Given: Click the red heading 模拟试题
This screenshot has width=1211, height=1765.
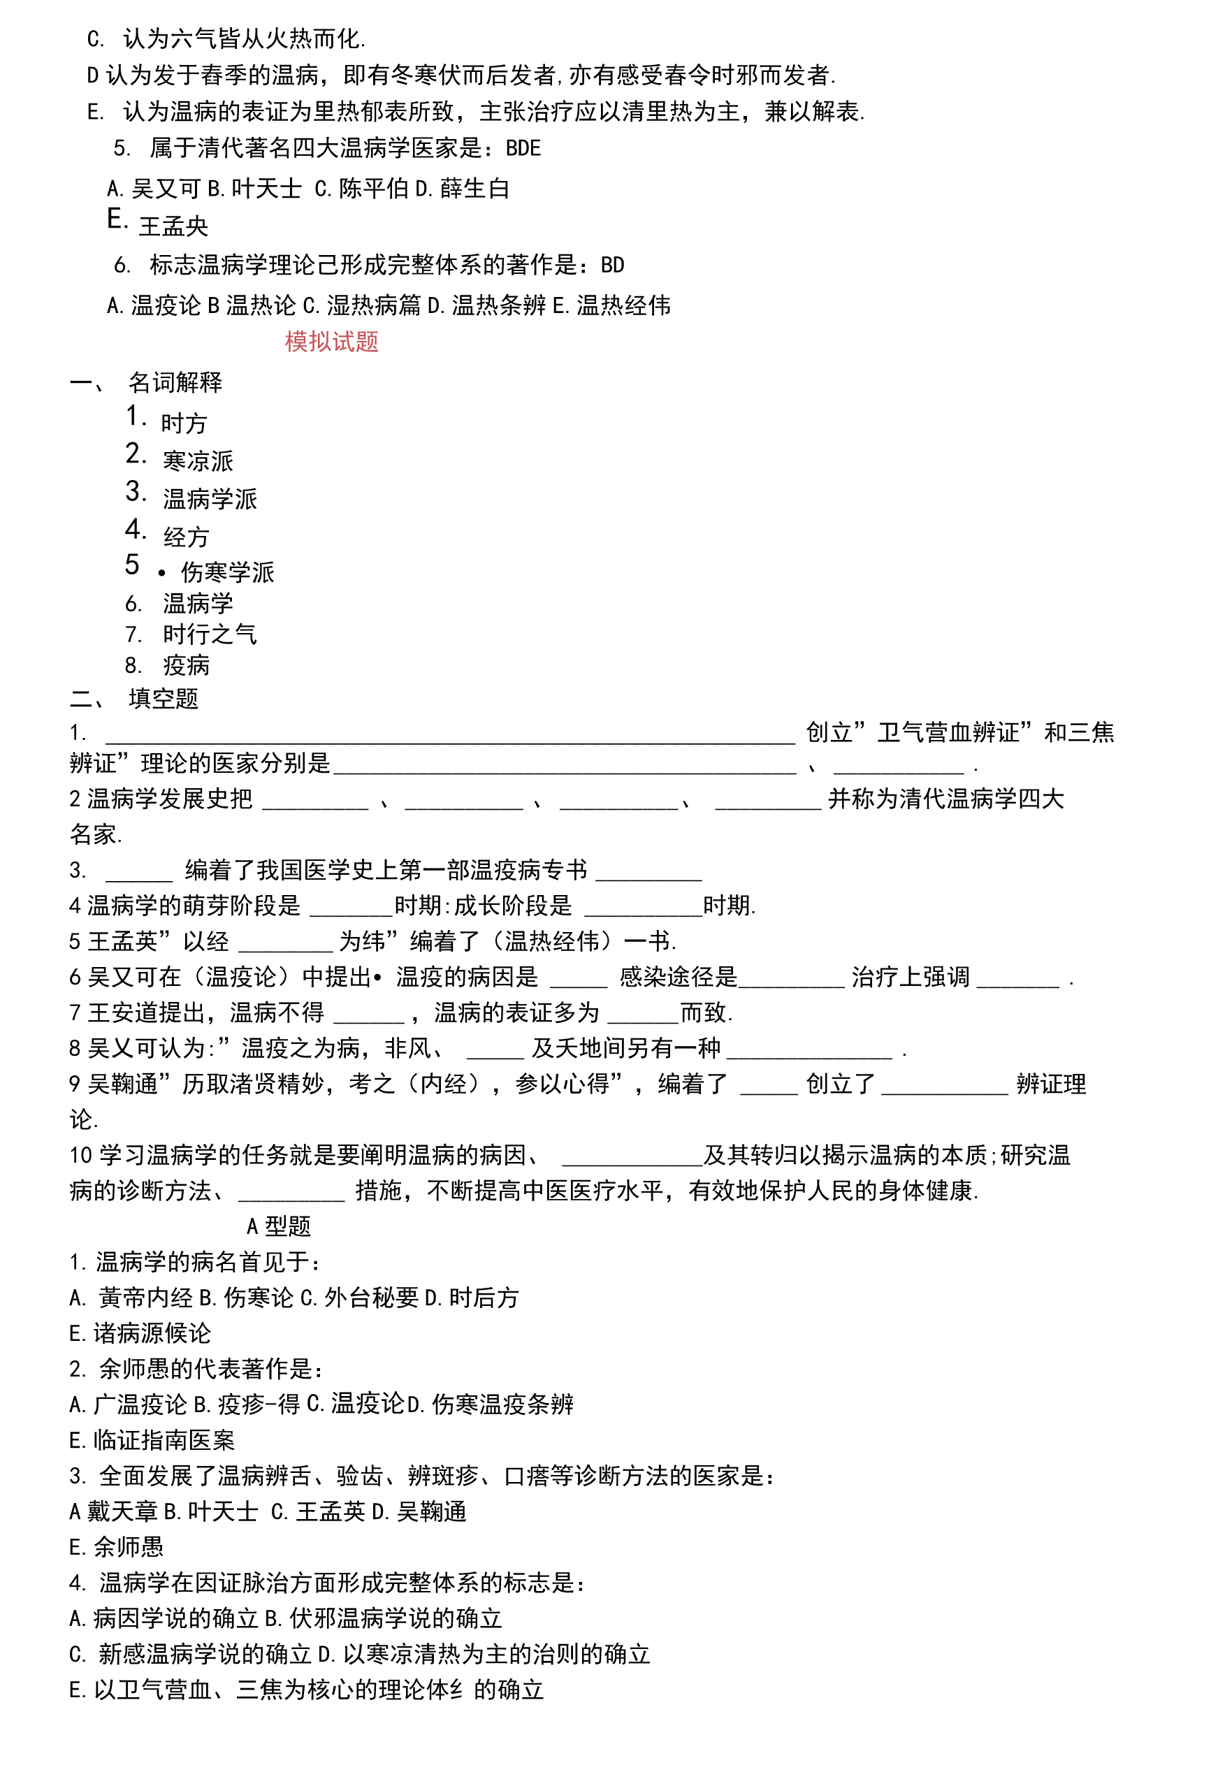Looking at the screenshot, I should (x=331, y=342).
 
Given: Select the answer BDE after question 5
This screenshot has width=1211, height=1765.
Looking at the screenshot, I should (x=523, y=148).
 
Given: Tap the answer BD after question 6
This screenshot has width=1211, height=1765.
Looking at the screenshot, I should (x=612, y=265).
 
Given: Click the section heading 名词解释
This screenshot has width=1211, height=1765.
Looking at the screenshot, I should (x=175, y=382).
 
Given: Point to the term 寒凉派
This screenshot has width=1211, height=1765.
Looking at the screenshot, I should (x=198, y=461).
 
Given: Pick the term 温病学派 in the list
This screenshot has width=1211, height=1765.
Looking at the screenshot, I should (x=210, y=499).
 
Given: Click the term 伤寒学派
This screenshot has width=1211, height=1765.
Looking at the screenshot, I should (x=228, y=572).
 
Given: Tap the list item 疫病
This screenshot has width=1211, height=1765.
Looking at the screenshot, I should (x=187, y=665).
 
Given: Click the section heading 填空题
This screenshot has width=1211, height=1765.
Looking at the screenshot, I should (x=164, y=699).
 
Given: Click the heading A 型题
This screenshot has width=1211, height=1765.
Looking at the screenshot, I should (x=279, y=1226).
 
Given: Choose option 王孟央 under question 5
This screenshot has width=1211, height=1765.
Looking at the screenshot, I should (x=174, y=226).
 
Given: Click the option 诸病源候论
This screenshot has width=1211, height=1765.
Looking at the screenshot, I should (x=152, y=1333).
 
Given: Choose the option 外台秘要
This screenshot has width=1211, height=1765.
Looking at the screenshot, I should (x=372, y=1297).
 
